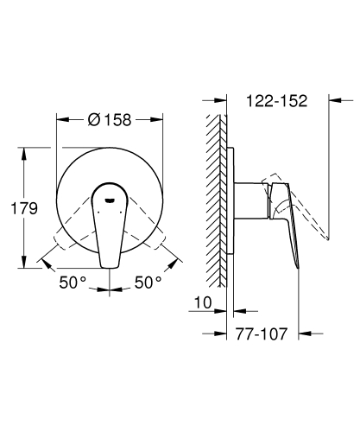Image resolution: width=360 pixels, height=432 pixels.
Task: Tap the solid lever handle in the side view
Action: pyautogui.click(x=289, y=225)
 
